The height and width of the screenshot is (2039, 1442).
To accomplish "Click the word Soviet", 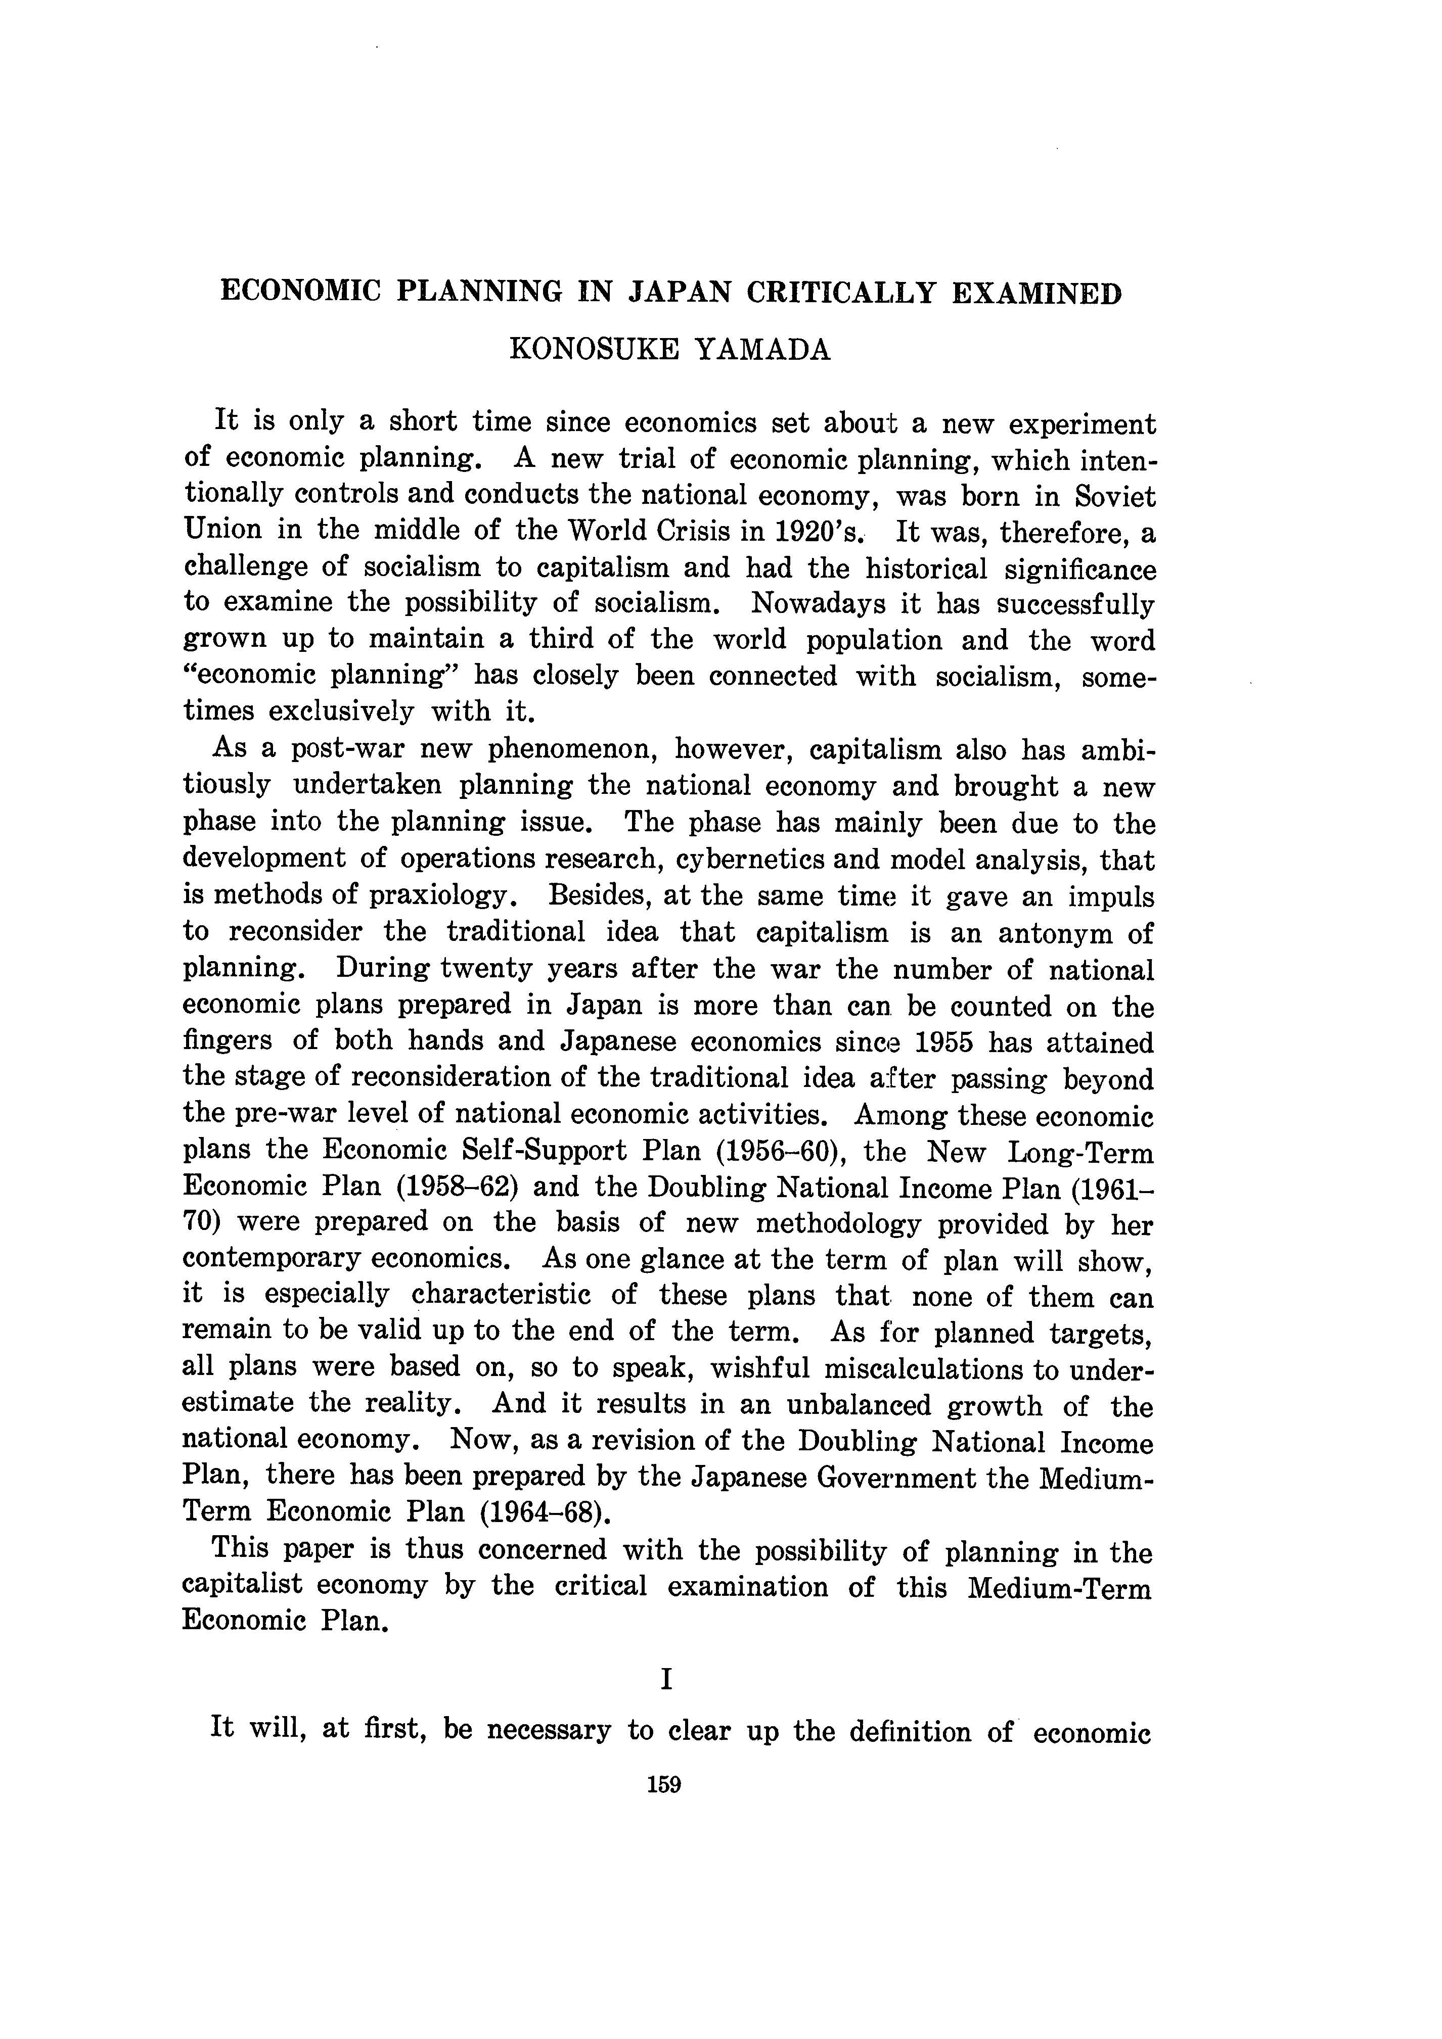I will (1114, 496).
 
